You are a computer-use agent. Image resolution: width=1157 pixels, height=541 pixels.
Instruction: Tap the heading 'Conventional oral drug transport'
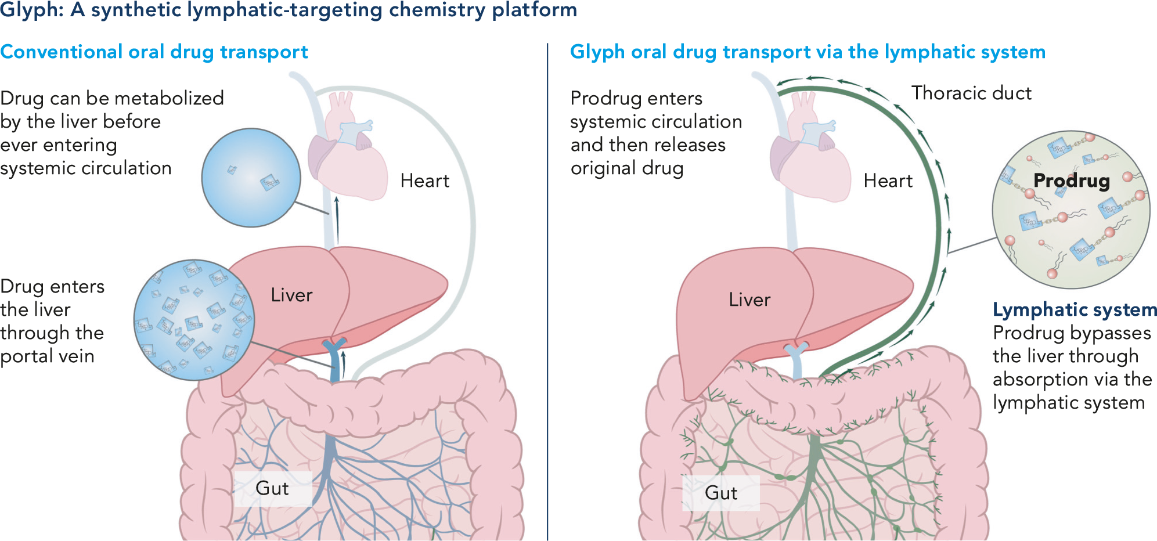[154, 52]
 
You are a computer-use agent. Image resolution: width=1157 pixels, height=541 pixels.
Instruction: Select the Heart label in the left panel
[424, 181]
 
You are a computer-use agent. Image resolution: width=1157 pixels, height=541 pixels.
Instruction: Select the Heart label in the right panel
[888, 181]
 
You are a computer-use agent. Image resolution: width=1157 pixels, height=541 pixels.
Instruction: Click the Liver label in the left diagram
[291, 295]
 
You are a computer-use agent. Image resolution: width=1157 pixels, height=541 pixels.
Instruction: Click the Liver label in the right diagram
[749, 300]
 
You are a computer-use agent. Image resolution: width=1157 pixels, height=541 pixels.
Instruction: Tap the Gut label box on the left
[272, 488]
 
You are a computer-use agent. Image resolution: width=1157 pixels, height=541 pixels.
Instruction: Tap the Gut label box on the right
[721, 493]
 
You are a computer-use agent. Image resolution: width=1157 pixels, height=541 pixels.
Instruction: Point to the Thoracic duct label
[971, 93]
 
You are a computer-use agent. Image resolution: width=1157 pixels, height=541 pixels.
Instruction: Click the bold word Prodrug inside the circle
[1072, 181]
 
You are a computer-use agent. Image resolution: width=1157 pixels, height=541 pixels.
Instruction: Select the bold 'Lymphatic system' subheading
[1075, 310]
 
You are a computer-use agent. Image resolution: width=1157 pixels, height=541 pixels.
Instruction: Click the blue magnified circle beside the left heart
[251, 178]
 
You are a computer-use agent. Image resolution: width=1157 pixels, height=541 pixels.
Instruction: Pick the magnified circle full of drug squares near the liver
[193, 320]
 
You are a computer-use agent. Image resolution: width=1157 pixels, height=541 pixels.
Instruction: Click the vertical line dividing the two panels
[547, 290]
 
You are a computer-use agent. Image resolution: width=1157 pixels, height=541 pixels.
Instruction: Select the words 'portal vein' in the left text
[48, 356]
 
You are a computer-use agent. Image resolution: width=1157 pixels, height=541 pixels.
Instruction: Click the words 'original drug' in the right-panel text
[627, 168]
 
